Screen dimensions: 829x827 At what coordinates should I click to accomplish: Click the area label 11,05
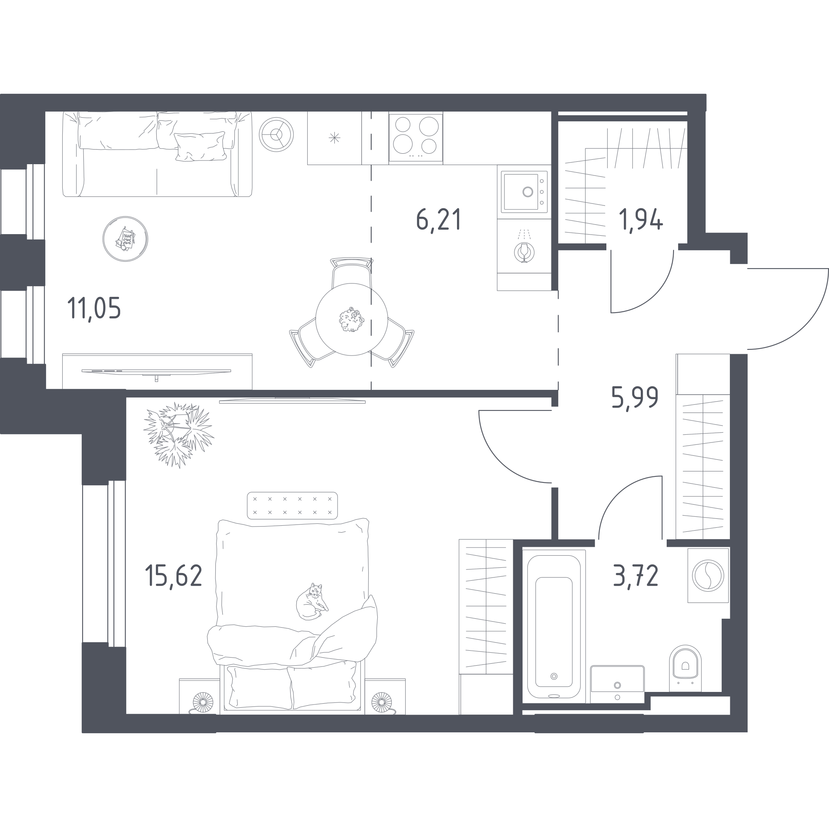pos(94,308)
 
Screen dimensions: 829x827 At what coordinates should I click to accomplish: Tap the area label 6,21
pos(438,219)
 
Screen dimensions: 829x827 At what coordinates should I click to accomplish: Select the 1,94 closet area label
pos(641,219)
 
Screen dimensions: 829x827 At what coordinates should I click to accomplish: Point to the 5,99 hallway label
pos(635,398)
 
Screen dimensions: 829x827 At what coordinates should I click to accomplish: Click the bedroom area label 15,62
pos(173,576)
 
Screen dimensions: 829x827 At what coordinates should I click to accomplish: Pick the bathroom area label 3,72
pos(636,576)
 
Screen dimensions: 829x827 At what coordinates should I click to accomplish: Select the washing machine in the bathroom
pos(708,575)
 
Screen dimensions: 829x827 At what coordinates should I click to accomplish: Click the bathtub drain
pos(554,676)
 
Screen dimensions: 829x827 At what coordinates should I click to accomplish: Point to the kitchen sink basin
pos(521,192)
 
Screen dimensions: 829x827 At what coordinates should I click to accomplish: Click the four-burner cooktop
pos(416,137)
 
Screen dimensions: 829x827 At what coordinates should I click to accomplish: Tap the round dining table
pos(352,319)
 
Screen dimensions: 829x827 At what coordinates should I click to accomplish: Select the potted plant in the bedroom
pos(179,434)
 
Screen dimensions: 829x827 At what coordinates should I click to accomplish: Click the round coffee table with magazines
pos(125,239)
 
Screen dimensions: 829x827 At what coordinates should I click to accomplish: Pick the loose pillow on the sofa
pos(200,147)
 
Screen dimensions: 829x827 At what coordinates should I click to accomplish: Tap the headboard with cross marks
pos(292,506)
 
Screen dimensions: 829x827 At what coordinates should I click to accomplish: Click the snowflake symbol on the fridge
pos(334,137)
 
